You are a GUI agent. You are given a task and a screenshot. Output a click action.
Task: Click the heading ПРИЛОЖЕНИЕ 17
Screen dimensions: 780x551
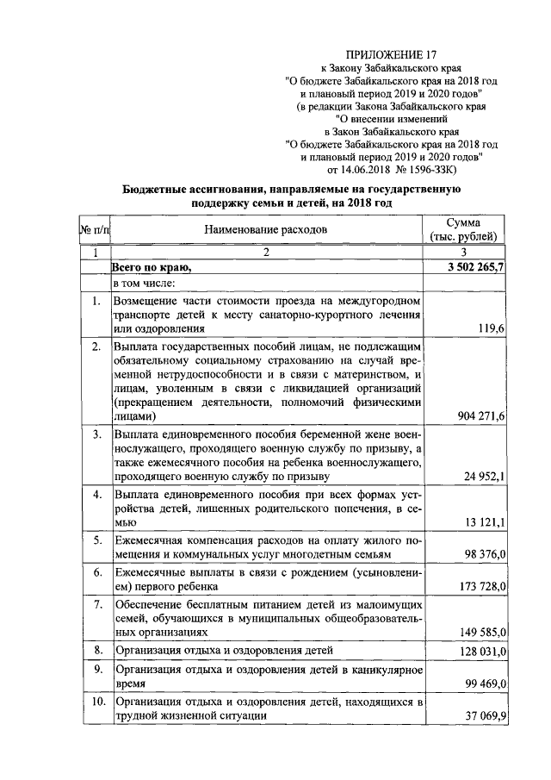pos(383,53)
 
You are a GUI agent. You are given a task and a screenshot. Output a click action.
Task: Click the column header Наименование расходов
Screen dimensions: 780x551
pos(266,230)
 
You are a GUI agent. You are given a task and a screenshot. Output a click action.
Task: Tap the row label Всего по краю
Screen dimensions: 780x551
pos(151,268)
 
